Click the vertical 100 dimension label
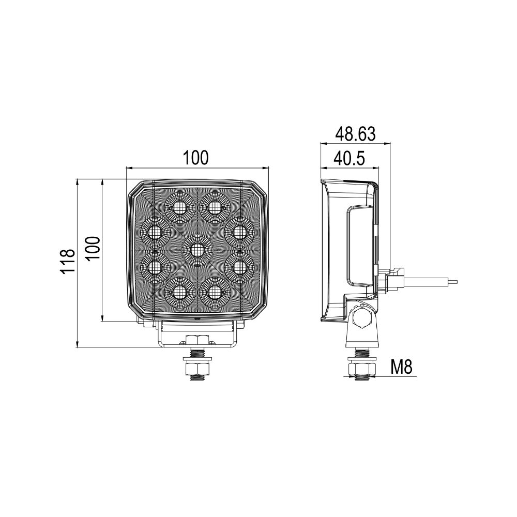tap(92, 250)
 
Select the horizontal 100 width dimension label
tap(197, 158)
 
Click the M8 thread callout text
tap(401, 368)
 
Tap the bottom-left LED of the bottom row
tap(179, 293)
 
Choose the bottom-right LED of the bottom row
tap(214, 293)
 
